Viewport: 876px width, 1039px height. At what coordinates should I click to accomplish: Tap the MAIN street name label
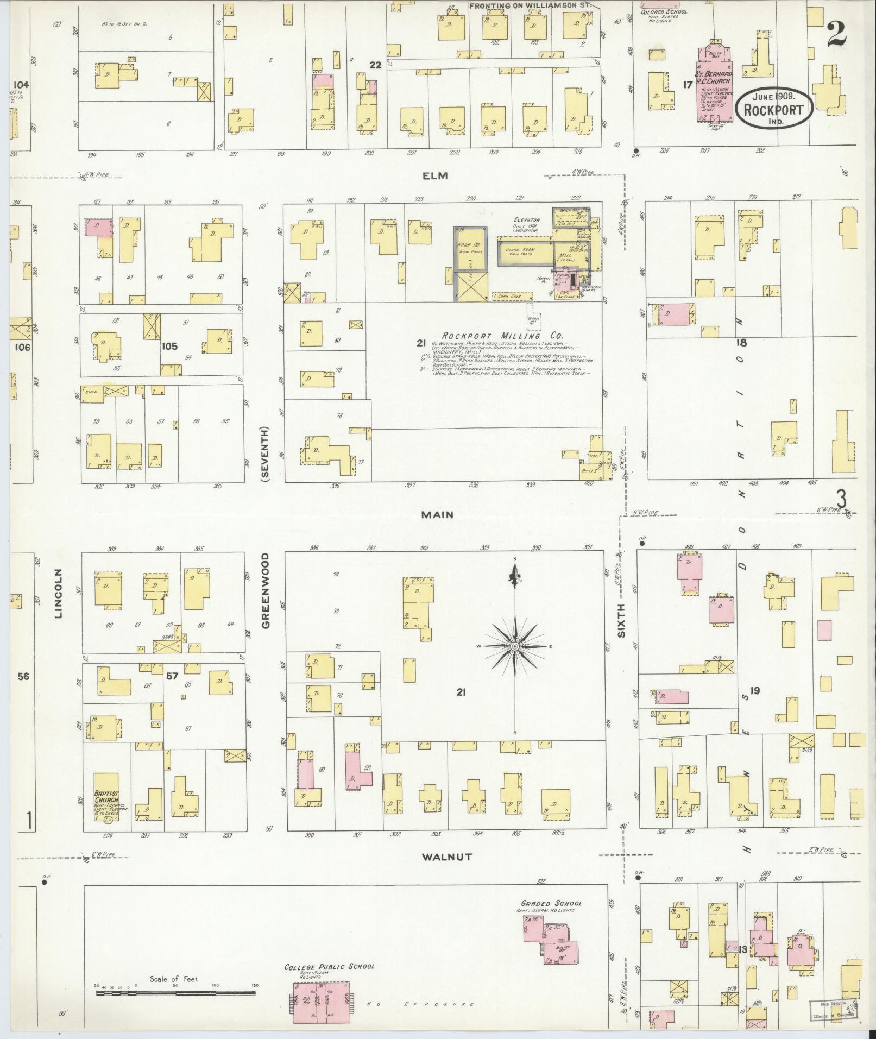(438, 514)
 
